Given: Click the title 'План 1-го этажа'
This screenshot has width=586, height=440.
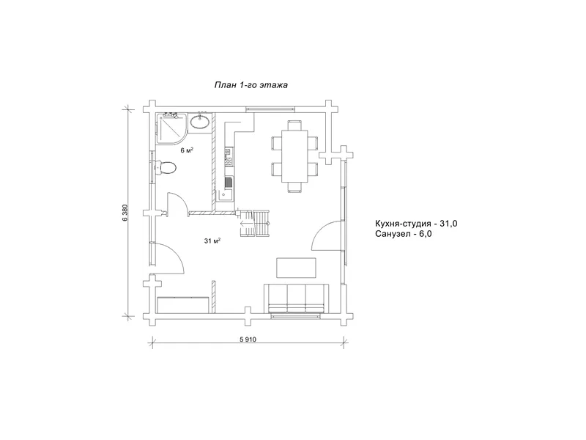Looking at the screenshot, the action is [251, 85].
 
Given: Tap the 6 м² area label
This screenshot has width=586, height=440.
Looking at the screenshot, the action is [187, 150].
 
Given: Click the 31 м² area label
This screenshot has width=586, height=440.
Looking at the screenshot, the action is [212, 241].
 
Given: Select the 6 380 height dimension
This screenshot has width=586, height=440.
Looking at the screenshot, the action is [125, 213].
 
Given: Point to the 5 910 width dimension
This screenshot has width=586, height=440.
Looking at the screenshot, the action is [248, 340].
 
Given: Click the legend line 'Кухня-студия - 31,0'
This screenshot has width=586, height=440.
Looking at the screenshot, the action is [416, 224].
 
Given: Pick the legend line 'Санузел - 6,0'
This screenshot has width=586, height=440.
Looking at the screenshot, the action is [404, 234].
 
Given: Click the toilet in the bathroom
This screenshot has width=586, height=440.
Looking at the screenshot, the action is [166, 168].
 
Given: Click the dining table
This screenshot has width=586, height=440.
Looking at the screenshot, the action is [294, 155].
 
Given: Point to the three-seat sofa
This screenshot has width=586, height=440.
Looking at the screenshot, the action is [297, 298].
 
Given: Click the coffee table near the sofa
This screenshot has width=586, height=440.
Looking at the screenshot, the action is [296, 268].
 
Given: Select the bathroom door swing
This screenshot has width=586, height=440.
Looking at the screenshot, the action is [177, 205].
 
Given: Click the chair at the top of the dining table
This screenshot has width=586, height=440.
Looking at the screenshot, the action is [294, 125].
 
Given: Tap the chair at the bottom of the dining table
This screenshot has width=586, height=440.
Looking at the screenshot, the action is [294, 187].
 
